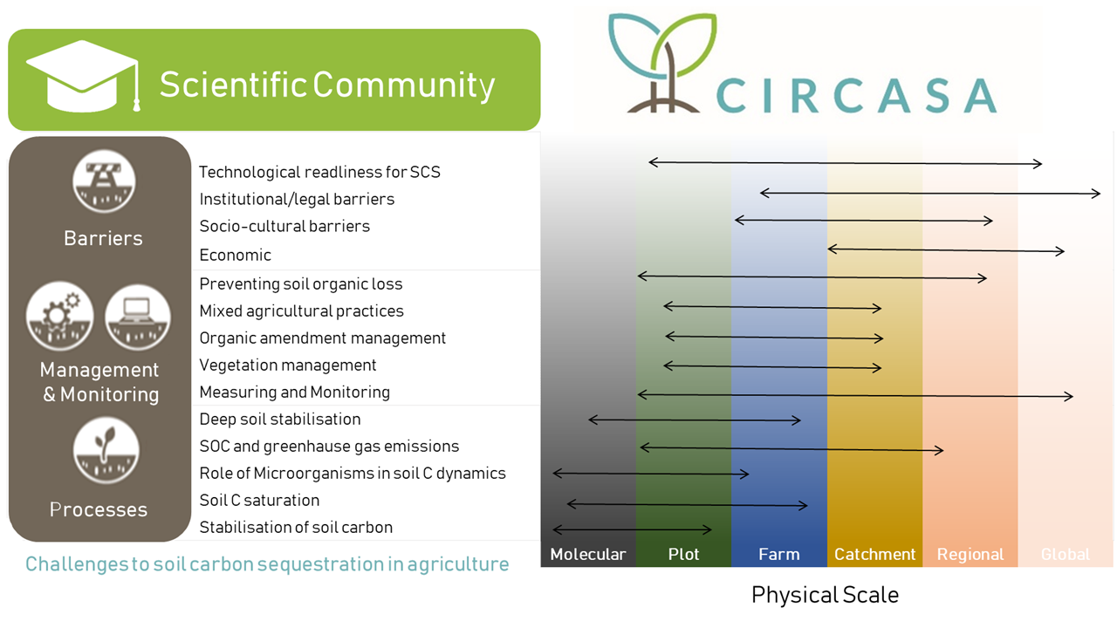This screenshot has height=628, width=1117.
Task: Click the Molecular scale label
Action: pyautogui.click(x=588, y=554)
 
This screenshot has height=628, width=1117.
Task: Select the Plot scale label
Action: pyautogui.click(x=683, y=554)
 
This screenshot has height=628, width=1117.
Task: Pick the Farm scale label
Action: pyautogui.click(x=779, y=554)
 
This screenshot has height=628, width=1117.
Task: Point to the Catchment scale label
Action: pyautogui.click(x=874, y=554)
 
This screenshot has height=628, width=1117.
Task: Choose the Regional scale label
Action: pyautogui.click(x=970, y=554)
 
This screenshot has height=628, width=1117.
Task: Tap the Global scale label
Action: pyautogui.click(x=1066, y=554)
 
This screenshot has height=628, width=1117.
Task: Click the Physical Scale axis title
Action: pyautogui.click(x=825, y=595)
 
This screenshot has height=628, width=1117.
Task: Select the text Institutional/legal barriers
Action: pyautogui.click(x=297, y=200)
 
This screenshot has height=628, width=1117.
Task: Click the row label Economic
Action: pyautogui.click(x=236, y=256)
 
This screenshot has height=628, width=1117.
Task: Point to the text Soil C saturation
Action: pyautogui.click(x=259, y=501)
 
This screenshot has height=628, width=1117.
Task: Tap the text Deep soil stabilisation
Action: pyautogui.click(x=280, y=420)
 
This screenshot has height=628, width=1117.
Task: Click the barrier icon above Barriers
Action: pyautogui.click(x=104, y=181)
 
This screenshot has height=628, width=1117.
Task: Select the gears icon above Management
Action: pyautogui.click(x=60, y=317)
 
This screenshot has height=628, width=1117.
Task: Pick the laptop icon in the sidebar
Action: pyautogui.click(x=138, y=317)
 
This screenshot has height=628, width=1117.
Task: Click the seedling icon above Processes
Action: pyautogui.click(x=106, y=451)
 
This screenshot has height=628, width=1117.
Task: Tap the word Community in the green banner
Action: pyautogui.click(x=404, y=85)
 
